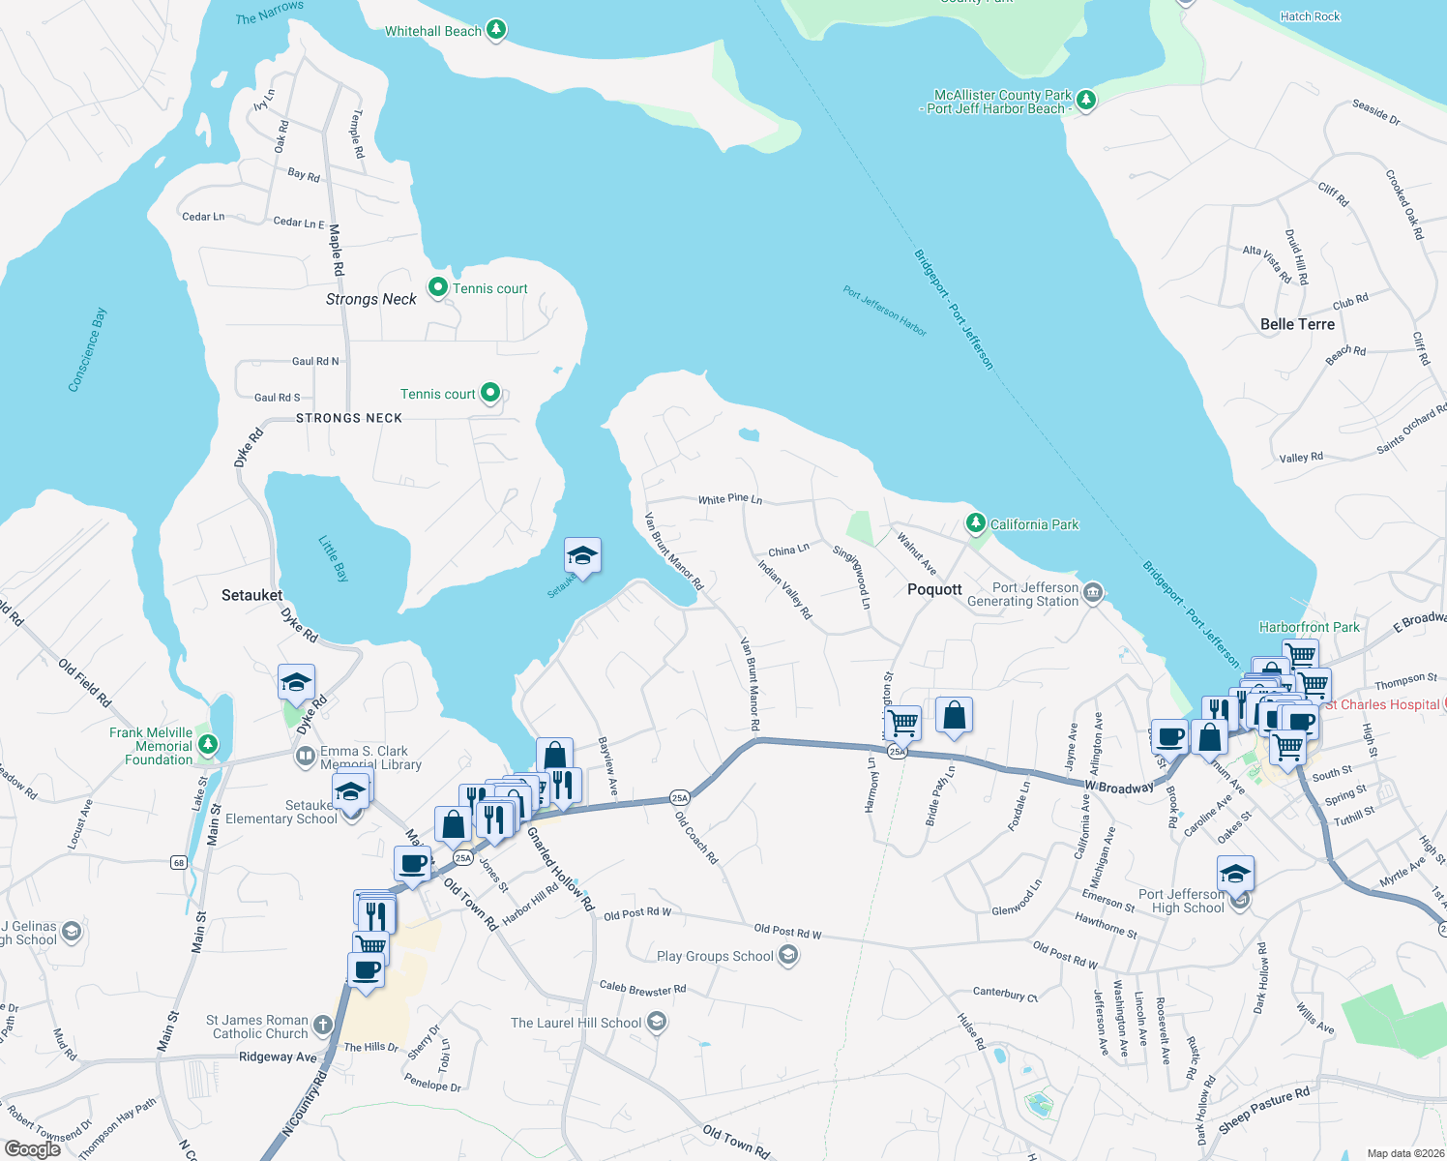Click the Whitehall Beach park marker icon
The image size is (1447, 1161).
click(x=495, y=30)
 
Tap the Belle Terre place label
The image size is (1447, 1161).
click(x=1297, y=324)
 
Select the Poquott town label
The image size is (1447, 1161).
click(x=934, y=589)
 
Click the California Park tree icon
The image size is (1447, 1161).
click(x=976, y=523)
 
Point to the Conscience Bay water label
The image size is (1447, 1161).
click(x=87, y=349)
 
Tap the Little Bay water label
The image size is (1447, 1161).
click(x=334, y=558)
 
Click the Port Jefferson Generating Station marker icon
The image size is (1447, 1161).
click(x=1093, y=592)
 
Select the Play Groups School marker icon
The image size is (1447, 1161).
click(x=788, y=956)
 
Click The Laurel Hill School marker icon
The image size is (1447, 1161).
click(x=657, y=1022)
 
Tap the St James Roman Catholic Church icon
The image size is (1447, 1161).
click(x=323, y=1025)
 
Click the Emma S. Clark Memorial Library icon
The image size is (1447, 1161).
click(x=306, y=755)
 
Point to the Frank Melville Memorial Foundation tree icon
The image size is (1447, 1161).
click(x=207, y=745)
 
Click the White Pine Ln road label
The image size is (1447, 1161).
click(x=730, y=499)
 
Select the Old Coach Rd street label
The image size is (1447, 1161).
click(x=696, y=838)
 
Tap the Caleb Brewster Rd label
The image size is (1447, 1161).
click(x=642, y=989)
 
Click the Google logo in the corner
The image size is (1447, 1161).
click(x=33, y=1148)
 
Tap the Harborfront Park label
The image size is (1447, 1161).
click(x=1309, y=627)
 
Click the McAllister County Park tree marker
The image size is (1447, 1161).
click(x=1086, y=100)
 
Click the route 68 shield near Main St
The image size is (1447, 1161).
click(x=178, y=862)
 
